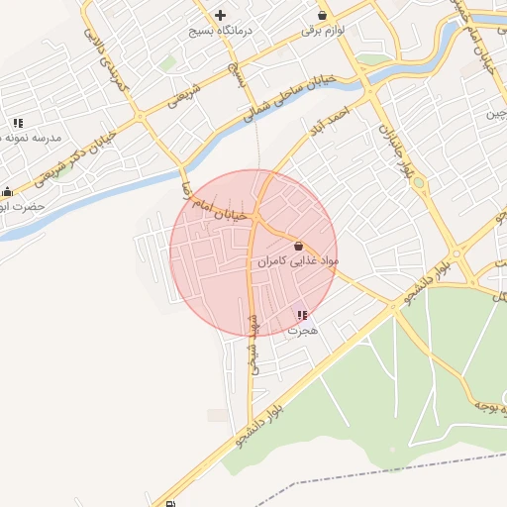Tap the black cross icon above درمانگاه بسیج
coord(220,15)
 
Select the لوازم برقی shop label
coord(323,32)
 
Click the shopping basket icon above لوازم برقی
coord(323,15)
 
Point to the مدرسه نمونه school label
coord(30,138)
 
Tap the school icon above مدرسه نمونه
coord(18,123)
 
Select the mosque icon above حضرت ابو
coord(8,192)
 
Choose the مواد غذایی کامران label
coord(299,261)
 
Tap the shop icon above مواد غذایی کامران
coord(298,246)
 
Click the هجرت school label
coord(302,331)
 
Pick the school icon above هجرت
coord(302,316)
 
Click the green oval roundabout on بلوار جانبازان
coord(418,182)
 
